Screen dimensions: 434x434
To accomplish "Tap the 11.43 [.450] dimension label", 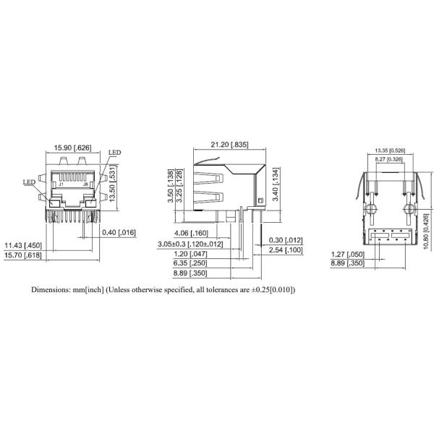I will click(x=24, y=245).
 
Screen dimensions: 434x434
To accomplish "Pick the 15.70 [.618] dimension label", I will click(x=24, y=255).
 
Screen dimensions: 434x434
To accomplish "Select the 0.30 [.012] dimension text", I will click(x=285, y=240).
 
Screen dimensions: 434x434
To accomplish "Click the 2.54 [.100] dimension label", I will click(x=285, y=250).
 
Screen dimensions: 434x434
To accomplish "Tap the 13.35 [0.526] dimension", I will click(x=389, y=150).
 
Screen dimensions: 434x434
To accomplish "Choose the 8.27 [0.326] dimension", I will click(x=388, y=159).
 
